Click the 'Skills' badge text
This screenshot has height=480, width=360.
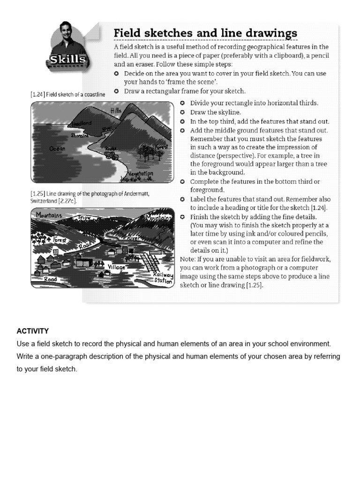coord(68,60)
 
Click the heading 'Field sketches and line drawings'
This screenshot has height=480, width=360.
coord(205,33)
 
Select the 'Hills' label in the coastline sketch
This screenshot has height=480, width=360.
coord(116,111)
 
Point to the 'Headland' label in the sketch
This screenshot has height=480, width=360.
coord(81,124)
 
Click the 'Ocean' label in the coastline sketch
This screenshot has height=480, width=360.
coord(58,149)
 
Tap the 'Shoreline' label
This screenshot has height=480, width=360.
coord(79,135)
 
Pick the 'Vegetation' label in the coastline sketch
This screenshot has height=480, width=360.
coord(141,174)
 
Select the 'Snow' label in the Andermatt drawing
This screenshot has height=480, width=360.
coord(84,217)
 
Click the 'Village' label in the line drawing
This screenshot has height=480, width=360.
coord(117,267)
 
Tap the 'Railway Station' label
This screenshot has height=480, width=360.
coord(164,278)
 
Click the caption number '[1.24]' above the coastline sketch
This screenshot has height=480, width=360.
coord(37,94)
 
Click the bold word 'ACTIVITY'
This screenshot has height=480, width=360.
coord(33,331)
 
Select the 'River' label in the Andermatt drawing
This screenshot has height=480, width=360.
coord(134,238)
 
